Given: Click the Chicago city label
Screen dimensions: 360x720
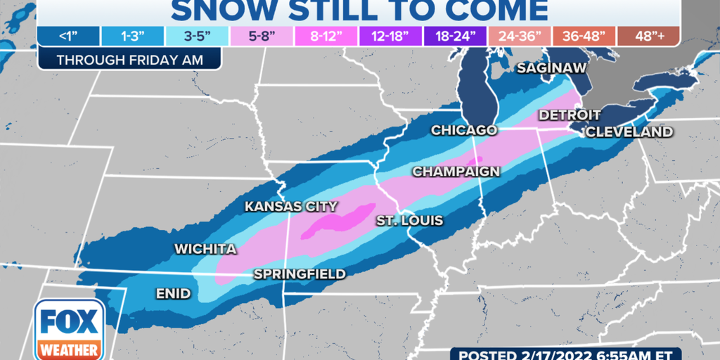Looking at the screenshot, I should (463, 130).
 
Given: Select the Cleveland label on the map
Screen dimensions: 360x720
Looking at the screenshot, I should (629, 131).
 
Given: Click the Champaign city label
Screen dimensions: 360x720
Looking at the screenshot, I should (456, 172).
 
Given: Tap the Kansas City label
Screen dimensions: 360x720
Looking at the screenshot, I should (290, 207).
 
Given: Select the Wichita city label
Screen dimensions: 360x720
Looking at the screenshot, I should (205, 249).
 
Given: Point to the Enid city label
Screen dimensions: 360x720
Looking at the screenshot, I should (173, 293).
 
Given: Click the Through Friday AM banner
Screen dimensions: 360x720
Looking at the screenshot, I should (129, 60).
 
